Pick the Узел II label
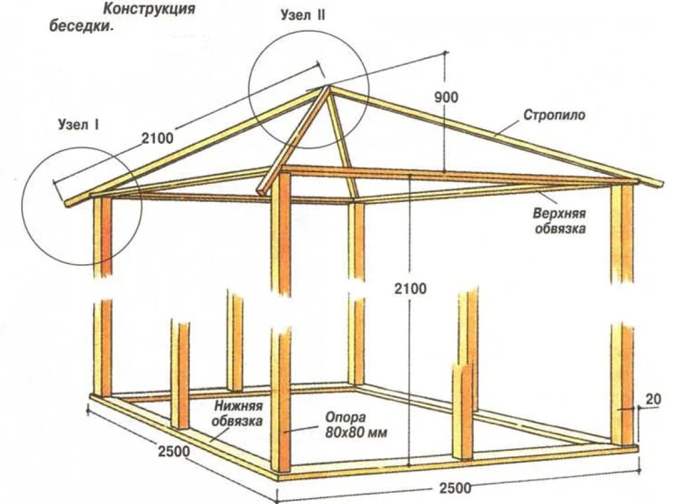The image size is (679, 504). [x=303, y=17]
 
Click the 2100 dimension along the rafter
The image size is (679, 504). [x=157, y=139]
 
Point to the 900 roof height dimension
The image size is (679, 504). [x=446, y=97]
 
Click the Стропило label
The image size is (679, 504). [x=554, y=115]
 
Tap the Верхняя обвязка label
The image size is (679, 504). [x=560, y=220]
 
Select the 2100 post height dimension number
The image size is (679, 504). [x=411, y=289]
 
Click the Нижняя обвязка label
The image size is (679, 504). [x=238, y=413]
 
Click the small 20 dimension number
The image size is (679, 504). [x=652, y=399]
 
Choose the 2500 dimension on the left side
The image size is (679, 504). [x=173, y=452]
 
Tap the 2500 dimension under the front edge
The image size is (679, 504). [x=455, y=487]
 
